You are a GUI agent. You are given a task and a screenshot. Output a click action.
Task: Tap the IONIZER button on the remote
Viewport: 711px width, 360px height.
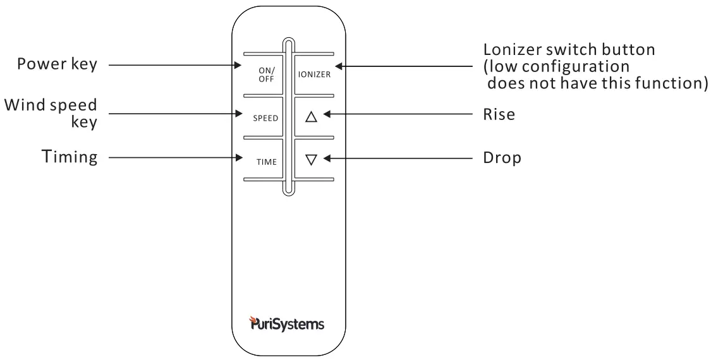point(314,75)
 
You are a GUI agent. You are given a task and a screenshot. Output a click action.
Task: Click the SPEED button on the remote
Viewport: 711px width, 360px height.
point(265,118)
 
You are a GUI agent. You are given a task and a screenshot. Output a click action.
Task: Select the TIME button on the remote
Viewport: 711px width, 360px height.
point(266,162)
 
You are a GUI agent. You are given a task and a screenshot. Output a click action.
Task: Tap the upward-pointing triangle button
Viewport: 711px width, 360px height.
point(310,117)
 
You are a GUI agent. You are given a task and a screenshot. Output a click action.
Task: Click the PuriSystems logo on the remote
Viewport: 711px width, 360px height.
point(287,325)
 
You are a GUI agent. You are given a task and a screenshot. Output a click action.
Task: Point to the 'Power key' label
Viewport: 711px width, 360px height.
point(58,64)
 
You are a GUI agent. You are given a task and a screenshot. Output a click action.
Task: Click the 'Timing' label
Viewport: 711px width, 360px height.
point(70,157)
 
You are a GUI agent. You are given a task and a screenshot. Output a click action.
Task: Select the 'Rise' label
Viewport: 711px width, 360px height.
point(499,115)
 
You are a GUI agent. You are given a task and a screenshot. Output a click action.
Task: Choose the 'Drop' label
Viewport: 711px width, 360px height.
point(502,158)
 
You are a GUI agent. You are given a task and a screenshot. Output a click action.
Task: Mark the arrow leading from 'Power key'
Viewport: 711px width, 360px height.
point(174,64)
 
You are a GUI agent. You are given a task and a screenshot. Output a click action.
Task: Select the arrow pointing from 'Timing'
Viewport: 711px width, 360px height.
point(174,157)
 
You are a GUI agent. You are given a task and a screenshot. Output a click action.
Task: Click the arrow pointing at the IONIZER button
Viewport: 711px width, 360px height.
point(404,65)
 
